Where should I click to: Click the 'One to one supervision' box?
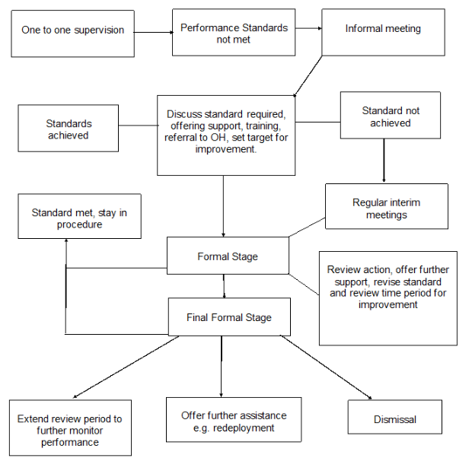tap(72, 33)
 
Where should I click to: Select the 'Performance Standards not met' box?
tap(234, 33)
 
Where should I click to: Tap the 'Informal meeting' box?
tap(383, 33)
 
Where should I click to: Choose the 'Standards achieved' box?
tap(68, 128)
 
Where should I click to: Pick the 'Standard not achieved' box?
tap(391, 115)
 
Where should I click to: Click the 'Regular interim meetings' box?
tap(387, 206)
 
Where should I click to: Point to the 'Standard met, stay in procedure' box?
tap(80, 216)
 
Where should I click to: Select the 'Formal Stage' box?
tap(228, 256)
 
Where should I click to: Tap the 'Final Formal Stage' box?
tap(229, 317)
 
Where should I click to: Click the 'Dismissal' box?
tap(395, 417)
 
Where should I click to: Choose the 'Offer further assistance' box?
tap(234, 419)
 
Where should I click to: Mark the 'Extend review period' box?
tap(70, 428)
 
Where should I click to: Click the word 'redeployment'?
tap(244, 428)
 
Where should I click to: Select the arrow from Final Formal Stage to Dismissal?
tap(326, 367)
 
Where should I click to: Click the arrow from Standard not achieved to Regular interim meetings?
tap(384, 161)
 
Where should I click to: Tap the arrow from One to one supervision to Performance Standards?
tap(154, 32)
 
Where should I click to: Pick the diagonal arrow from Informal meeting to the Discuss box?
tap(308, 76)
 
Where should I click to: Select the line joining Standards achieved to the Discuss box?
tap(139, 125)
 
